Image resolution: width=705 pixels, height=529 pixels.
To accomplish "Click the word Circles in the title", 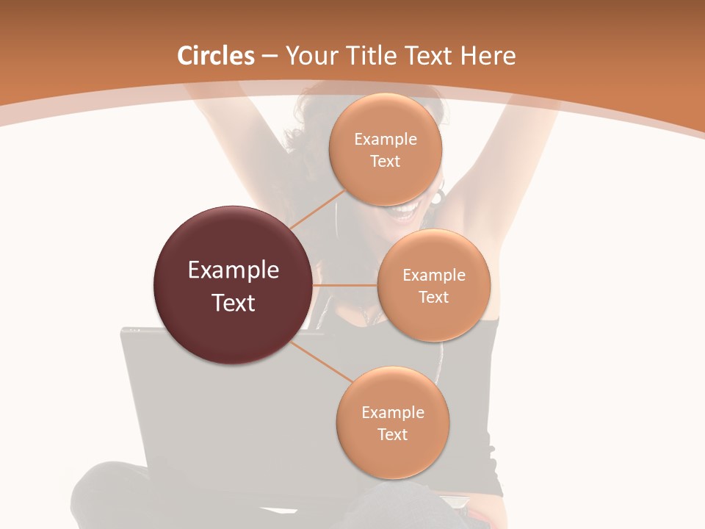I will point(216,56).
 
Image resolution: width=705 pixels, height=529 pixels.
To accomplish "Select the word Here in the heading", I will point(488,56).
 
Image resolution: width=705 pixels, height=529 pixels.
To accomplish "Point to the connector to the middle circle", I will point(345,285).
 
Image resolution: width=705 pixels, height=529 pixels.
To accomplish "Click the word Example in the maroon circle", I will point(234,270).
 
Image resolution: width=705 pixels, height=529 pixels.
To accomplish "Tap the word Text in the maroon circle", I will point(234,303).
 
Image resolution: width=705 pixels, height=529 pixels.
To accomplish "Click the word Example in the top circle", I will point(386,140).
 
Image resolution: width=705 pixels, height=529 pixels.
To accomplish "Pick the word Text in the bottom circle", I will point(392,434).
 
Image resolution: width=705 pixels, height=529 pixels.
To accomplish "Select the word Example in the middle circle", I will point(434,276).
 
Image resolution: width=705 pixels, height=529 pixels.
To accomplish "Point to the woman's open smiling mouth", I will point(405,213).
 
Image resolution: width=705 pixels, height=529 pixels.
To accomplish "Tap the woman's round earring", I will point(438,197).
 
